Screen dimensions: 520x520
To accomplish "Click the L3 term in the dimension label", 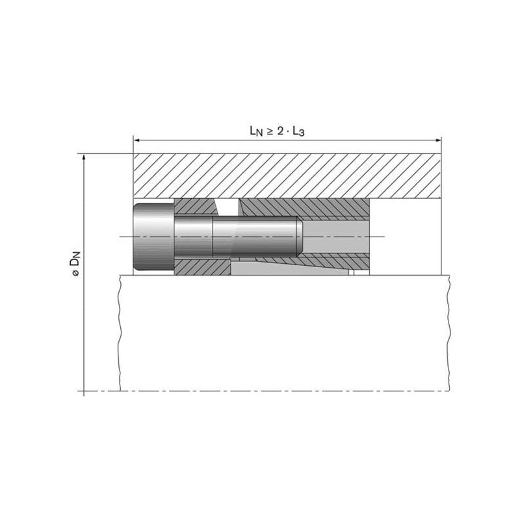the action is tap(298, 131).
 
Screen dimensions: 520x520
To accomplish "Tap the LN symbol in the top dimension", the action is tap(256, 131).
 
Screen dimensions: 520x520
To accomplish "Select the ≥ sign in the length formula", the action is tap(270, 131).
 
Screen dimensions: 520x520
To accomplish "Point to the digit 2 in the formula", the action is tap(281, 131).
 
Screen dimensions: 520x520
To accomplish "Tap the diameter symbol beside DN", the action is tap(75, 274).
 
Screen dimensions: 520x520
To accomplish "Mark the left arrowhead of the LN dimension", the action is tap(136, 140).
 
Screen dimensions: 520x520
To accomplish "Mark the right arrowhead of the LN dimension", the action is tap(438, 140).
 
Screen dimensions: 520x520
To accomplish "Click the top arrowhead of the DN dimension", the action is tap(84, 157).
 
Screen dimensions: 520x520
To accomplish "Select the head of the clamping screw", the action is tap(153, 237).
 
